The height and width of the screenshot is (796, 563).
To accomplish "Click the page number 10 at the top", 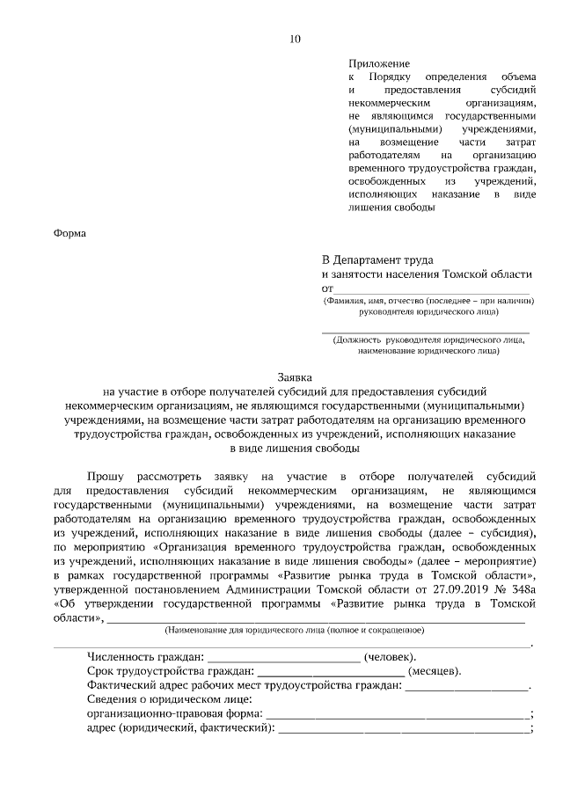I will tap(294, 38).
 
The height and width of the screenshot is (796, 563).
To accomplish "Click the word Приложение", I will tap(379, 65).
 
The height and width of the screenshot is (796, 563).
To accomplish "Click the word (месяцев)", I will tap(435, 671).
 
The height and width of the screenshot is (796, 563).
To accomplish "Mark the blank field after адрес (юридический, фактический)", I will tap(405, 729).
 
